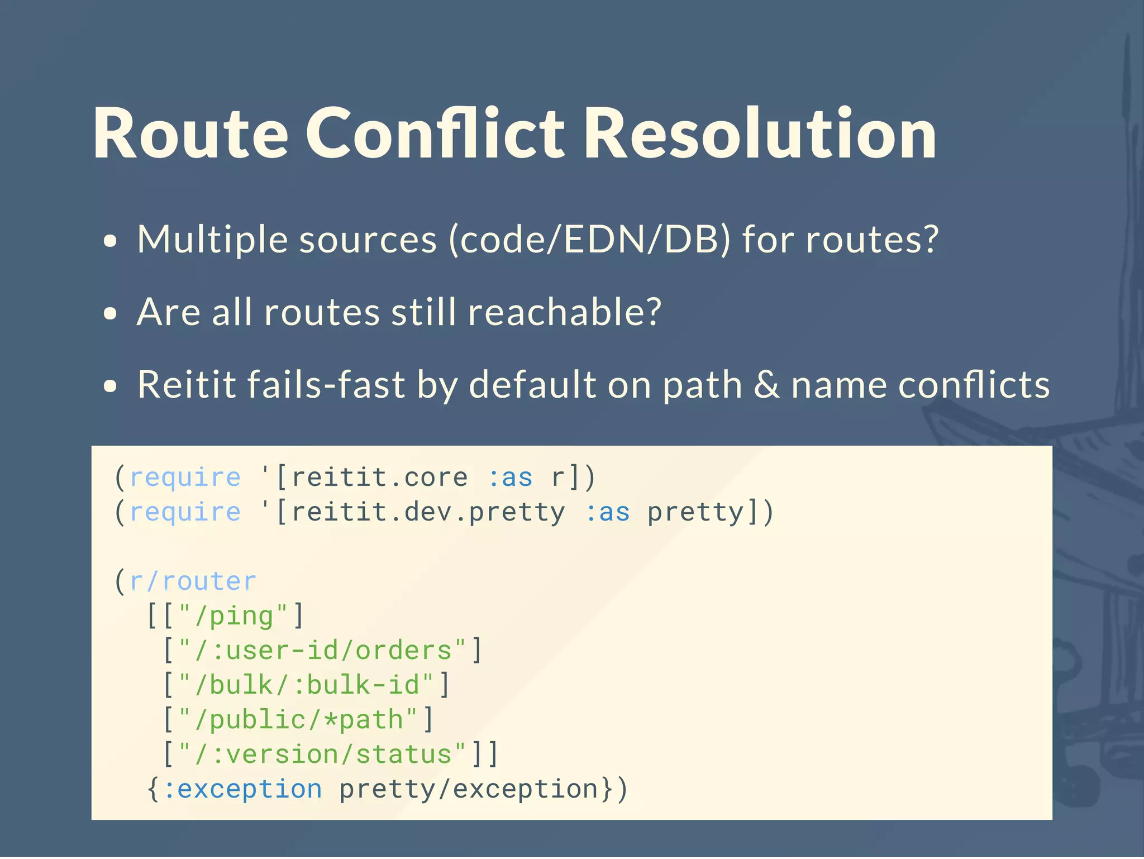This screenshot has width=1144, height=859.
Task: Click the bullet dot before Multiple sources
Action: pyautogui.click(x=111, y=241)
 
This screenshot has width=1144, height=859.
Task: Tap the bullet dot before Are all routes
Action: pyautogui.click(x=111, y=314)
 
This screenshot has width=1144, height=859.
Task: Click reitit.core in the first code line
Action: pyautogui.click(x=380, y=478)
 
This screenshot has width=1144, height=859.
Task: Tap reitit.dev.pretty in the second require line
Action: pyautogui.click(x=428, y=512)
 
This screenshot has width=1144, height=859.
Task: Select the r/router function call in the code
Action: pyautogui.click(x=193, y=581)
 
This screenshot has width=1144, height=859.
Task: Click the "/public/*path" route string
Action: pyautogui.click(x=298, y=720)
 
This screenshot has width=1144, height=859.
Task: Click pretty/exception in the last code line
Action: pyautogui.click(x=469, y=789)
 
